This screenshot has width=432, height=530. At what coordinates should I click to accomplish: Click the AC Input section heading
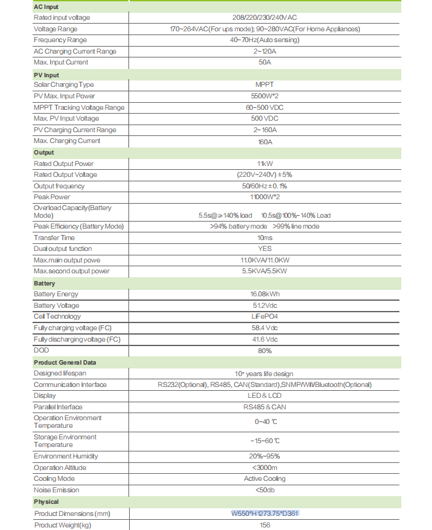point(45,6)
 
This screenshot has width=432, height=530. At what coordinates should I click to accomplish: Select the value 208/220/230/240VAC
point(265,18)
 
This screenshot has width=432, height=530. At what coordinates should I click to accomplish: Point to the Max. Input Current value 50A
point(265,63)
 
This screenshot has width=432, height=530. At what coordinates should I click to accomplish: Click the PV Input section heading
point(46,74)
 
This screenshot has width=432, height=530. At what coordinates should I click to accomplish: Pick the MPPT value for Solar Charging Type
point(265,85)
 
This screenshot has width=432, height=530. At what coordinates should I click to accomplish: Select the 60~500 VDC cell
point(265,107)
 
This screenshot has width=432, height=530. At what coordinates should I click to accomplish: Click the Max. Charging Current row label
point(67,141)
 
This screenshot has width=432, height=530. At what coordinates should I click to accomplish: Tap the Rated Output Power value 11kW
point(265,164)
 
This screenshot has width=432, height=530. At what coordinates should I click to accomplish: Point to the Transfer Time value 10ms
point(265,238)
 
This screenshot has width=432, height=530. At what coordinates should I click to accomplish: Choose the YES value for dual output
point(265,249)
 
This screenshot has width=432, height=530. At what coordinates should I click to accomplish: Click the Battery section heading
point(44,283)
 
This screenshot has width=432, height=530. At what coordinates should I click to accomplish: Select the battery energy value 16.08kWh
point(265,294)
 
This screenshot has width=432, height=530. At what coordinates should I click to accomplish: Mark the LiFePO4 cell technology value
point(265,317)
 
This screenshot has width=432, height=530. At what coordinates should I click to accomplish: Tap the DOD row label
point(41,351)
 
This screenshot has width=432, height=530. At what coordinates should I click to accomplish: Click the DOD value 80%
point(265,351)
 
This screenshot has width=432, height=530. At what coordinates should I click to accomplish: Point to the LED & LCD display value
point(265,396)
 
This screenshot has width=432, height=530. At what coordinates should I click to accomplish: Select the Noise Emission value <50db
point(265,490)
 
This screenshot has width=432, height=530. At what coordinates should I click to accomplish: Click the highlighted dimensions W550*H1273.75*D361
point(265,513)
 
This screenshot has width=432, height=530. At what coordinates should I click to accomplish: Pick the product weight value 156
point(265,525)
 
